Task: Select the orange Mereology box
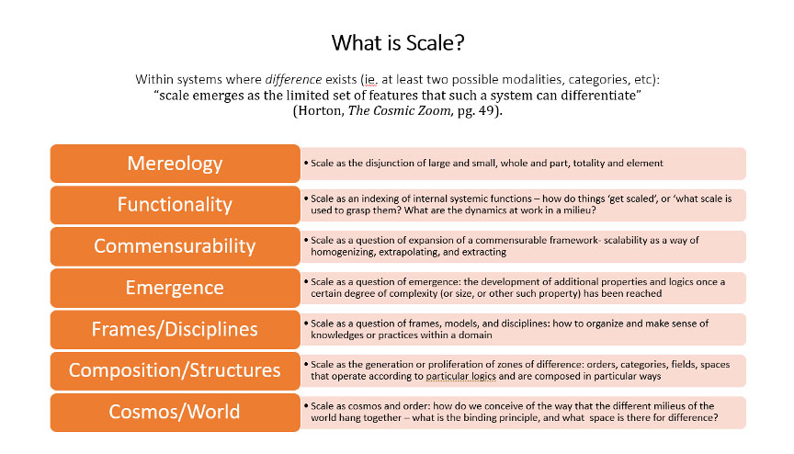[175, 164]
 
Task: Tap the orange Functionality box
[175, 205]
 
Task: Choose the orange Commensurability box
[175, 246]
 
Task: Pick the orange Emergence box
[175, 288]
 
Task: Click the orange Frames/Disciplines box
[175, 329]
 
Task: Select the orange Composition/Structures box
[175, 370]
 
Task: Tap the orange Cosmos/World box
[175, 412]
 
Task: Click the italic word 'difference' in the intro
[293, 79]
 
